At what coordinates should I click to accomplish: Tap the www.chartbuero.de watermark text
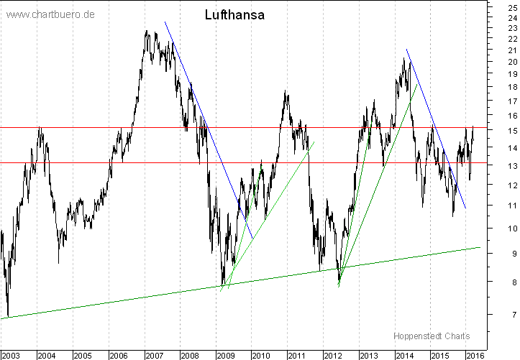[x=50, y=14]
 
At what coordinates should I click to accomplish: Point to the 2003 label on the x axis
[x=11, y=355]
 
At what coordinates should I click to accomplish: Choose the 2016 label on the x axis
[x=474, y=355]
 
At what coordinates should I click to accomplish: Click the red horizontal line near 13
[x=72, y=162]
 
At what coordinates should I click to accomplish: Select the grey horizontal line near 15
[x=72, y=127]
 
